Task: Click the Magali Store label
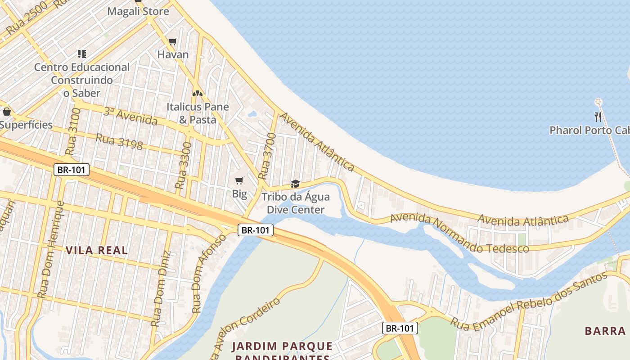138,11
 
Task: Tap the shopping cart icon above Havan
172,42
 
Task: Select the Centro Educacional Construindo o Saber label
82,80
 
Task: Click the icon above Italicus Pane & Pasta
197,94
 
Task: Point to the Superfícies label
26,125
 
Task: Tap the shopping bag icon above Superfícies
6,111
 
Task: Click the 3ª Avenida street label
130,117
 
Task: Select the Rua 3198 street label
119,142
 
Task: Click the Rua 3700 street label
267,156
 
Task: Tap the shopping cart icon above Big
239,181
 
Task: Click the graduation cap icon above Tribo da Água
295,184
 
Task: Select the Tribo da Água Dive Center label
296,203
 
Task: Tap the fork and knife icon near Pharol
598,117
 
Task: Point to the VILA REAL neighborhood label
97,250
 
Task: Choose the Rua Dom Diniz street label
161,288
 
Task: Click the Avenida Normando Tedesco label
459,234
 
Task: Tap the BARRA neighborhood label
605,331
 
